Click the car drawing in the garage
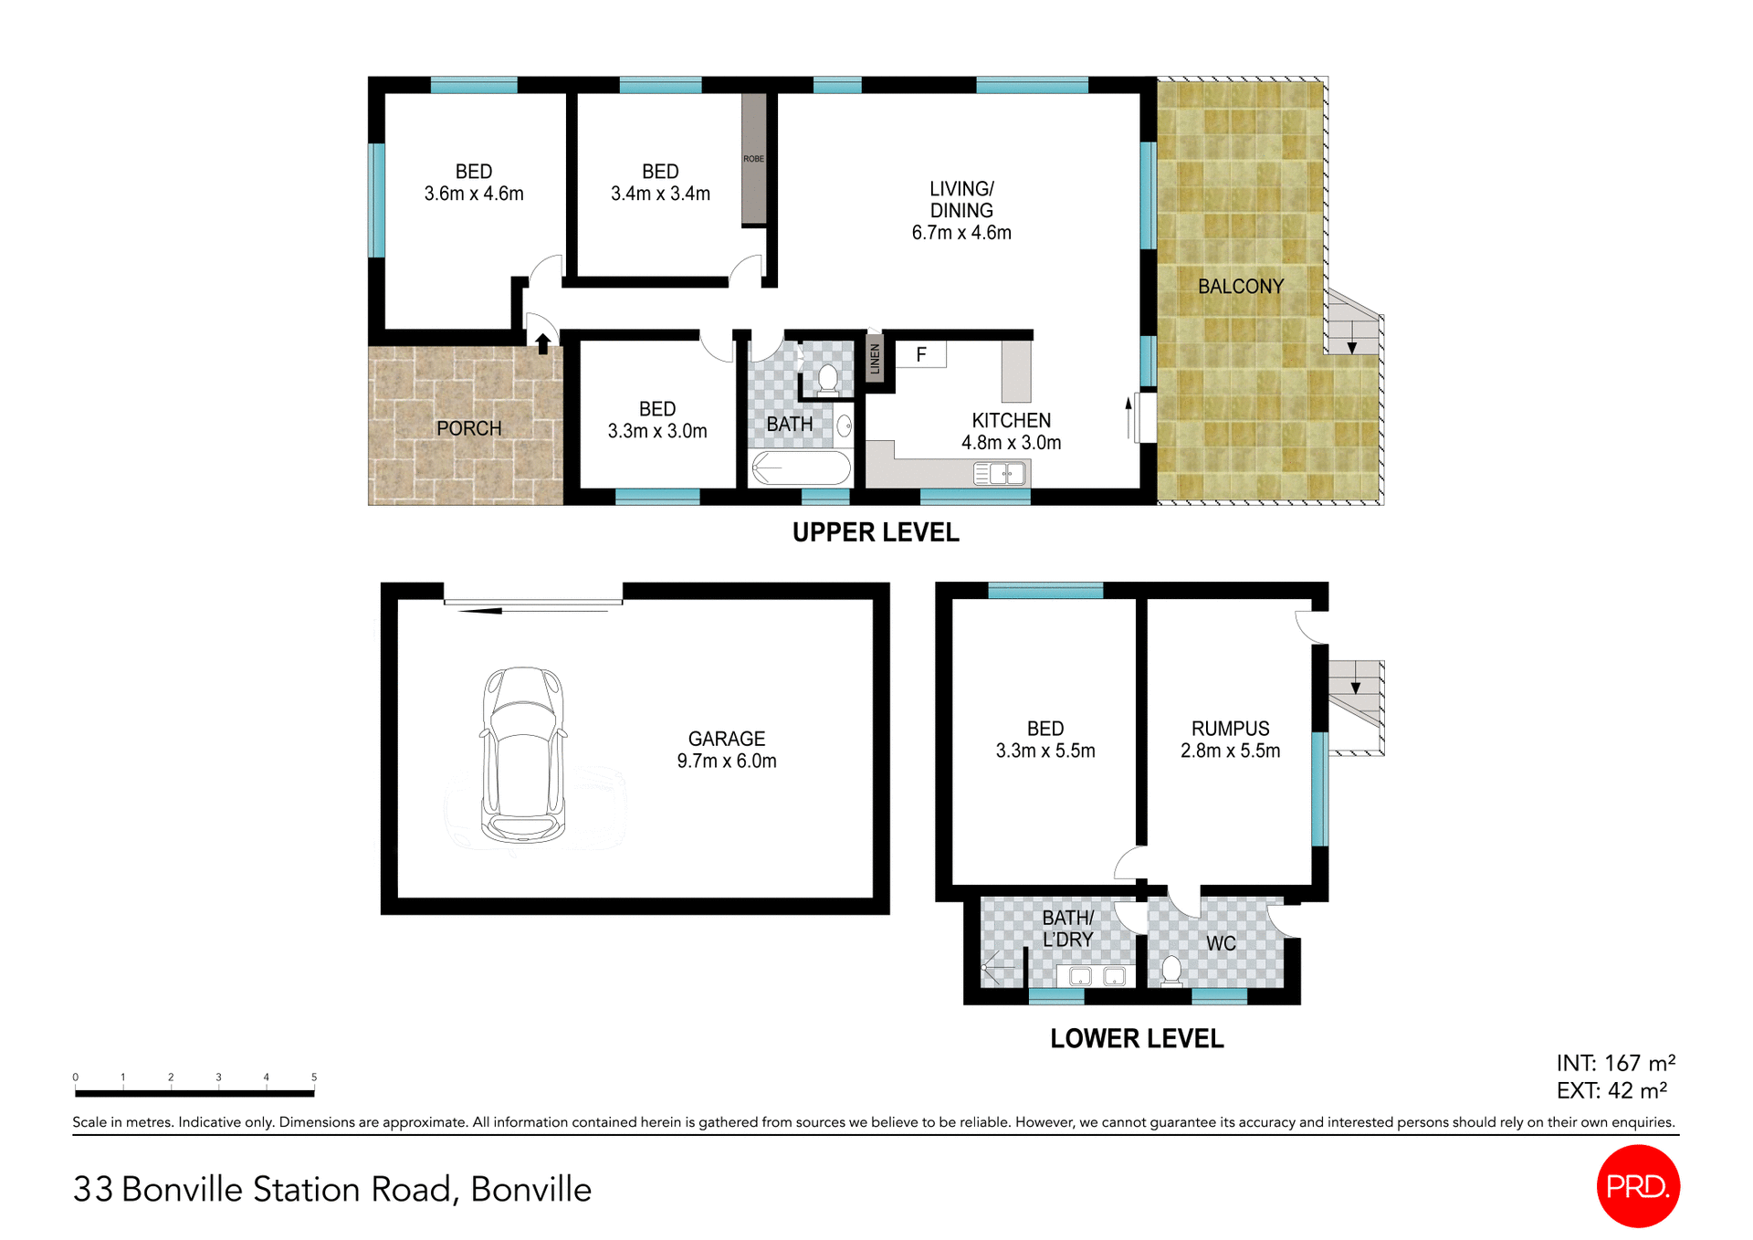[522, 754]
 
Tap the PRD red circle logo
[1638, 1185]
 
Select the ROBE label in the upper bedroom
[753, 159]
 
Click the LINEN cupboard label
[875, 359]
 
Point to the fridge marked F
[920, 354]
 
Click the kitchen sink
[999, 473]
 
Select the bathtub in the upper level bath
[800, 468]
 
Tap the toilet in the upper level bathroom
[827, 379]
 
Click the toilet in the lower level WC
[1171, 971]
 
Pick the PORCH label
[468, 428]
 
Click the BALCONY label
[1240, 287]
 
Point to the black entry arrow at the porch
[542, 343]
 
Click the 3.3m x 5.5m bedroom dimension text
[1045, 751]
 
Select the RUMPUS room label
[1230, 729]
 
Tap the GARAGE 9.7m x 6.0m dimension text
[727, 761]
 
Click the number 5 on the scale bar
[314, 1077]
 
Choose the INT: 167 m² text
[1615, 1063]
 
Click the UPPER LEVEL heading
[875, 532]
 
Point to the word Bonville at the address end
[530, 1189]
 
